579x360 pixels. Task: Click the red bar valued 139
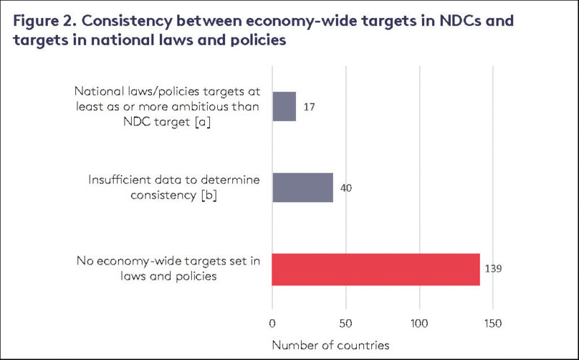tap(376, 269)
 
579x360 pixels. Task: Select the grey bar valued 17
tap(284, 106)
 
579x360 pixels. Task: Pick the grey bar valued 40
tap(302, 187)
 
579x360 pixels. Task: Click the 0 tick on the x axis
tap(272, 322)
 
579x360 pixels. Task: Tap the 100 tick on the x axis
tap(419, 322)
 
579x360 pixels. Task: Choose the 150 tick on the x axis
tap(492, 322)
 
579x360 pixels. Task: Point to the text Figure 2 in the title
tap(43, 20)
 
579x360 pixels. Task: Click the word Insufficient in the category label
tap(117, 180)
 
